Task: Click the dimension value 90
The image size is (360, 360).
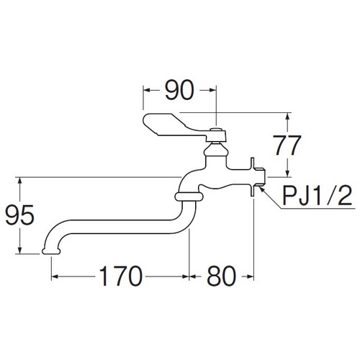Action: pos(179,90)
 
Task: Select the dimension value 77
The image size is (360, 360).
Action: pos(287,145)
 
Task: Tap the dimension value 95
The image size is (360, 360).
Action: pos(20,215)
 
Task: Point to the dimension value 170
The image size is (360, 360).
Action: pos(121,276)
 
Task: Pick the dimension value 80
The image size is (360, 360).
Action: pos(222,276)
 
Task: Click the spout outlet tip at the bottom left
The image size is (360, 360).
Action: pos(51,251)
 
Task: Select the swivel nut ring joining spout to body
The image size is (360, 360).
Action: pos(189,197)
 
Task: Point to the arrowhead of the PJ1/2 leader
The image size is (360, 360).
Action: pos(262,189)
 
